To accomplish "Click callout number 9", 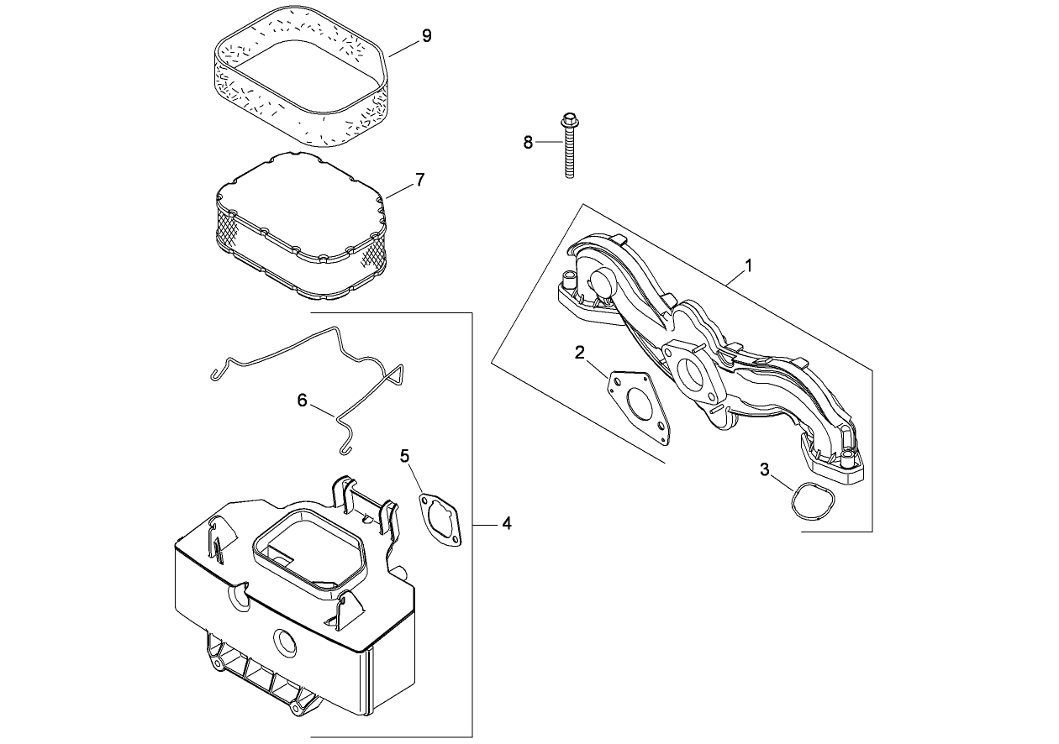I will point(426,36).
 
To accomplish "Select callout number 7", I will point(419,179).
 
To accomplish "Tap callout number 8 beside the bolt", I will point(528,142).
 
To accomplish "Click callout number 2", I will point(580,352).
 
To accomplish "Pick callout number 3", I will point(765,469).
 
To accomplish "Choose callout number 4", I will point(506,523).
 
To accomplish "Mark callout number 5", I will point(404,456).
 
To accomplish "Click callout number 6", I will point(303,401).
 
